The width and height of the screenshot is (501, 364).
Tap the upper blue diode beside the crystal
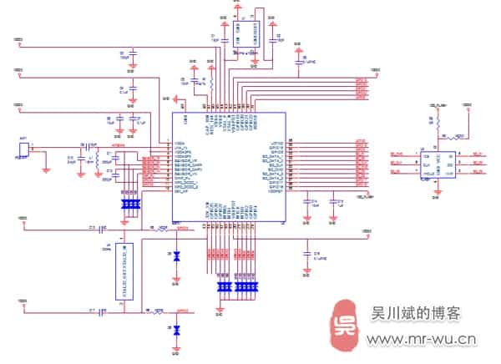(x=175, y=257)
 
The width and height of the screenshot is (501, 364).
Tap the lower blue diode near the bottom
(x=175, y=331)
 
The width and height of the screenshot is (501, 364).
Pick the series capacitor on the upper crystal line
(x=102, y=227)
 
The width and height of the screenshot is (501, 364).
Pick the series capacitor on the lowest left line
(x=102, y=312)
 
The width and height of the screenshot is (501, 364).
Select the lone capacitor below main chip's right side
(x=307, y=252)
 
